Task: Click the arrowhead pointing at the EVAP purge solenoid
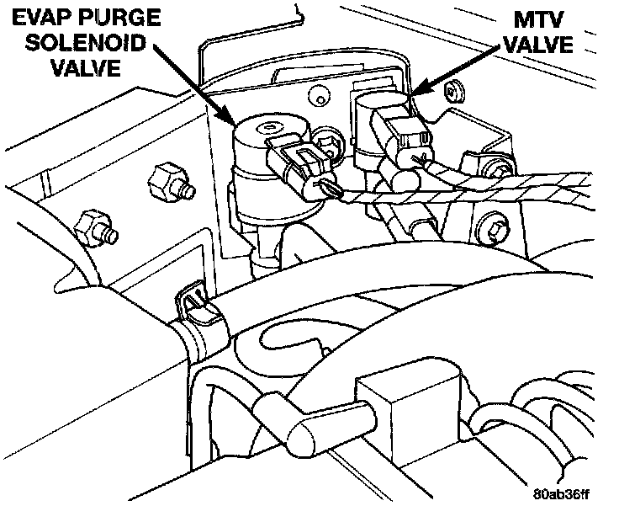tap(230, 120)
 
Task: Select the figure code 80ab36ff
tap(559, 493)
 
